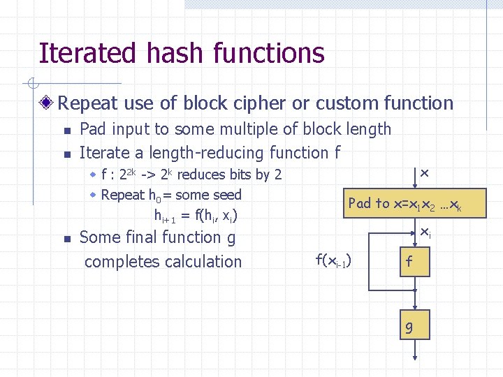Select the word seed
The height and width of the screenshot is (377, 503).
coord(225,195)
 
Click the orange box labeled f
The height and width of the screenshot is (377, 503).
coord(410,262)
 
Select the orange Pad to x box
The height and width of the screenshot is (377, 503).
coord(406,203)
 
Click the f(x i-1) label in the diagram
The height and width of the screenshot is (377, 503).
coord(334,261)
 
